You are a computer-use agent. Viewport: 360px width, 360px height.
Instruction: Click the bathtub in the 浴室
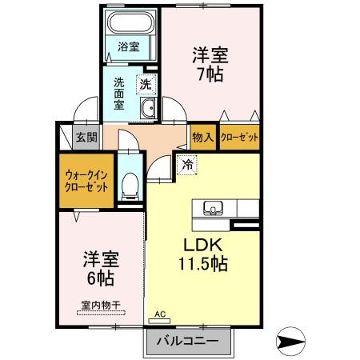point(130,22)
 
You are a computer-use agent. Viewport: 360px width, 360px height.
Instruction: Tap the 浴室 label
point(129,47)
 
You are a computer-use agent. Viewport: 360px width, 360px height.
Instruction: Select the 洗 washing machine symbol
point(146,85)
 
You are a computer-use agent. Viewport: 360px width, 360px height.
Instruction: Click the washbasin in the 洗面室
point(147,108)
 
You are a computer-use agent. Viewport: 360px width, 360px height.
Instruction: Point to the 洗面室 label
point(119,94)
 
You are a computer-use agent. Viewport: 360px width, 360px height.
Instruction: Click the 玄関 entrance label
point(86,138)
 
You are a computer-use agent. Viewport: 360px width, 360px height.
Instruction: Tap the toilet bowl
point(130,186)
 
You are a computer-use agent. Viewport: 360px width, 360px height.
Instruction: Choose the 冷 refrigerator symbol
point(187,165)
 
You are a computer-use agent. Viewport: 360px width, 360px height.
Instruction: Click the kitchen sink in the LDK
point(214,208)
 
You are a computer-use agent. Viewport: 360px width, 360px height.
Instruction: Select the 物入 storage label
point(203,138)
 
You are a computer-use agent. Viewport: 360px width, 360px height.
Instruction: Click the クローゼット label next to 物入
point(239,138)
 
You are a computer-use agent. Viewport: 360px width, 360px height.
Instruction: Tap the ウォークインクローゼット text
point(86,182)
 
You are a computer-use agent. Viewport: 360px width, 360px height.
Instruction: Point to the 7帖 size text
point(210,74)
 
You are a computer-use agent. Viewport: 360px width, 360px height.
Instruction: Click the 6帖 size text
point(101,278)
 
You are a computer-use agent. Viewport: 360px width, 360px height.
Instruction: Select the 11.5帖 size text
point(203,263)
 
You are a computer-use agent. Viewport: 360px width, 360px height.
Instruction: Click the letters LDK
point(203,245)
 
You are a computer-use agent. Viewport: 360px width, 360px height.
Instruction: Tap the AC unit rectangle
point(159,321)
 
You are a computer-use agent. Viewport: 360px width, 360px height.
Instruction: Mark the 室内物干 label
point(101,306)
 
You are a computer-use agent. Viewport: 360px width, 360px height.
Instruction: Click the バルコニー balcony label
point(187,341)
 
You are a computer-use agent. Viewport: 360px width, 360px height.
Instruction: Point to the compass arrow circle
point(290,341)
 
